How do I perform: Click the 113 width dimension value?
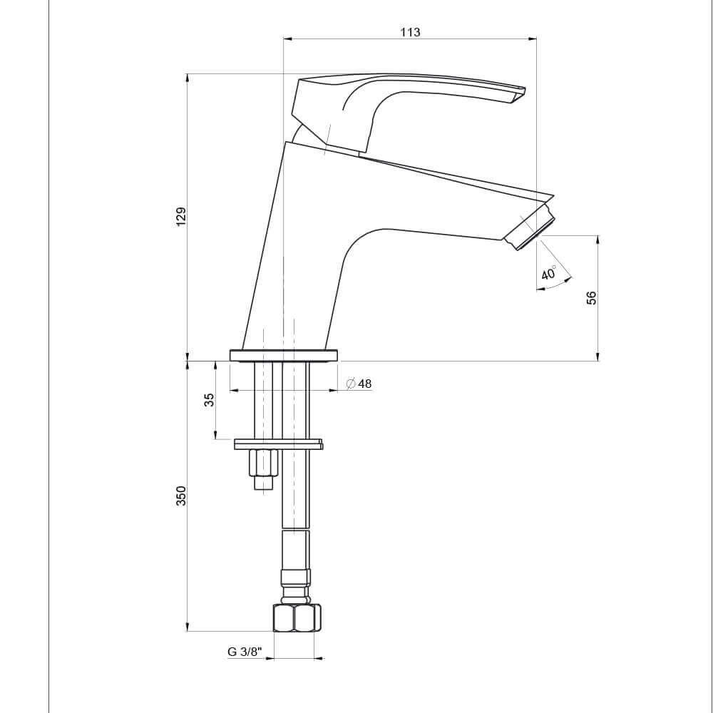click(x=410, y=32)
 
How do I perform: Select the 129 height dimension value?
click(x=181, y=217)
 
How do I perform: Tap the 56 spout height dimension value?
click(x=591, y=298)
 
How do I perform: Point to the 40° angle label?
click(x=549, y=273)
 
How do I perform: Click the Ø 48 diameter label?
click(x=359, y=384)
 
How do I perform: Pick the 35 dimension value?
click(x=209, y=400)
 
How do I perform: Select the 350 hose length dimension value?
click(x=181, y=496)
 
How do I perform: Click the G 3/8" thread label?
click(x=245, y=652)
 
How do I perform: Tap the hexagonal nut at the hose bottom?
click(x=297, y=617)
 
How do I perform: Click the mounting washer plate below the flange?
click(x=278, y=445)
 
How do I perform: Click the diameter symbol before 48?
click(x=350, y=384)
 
